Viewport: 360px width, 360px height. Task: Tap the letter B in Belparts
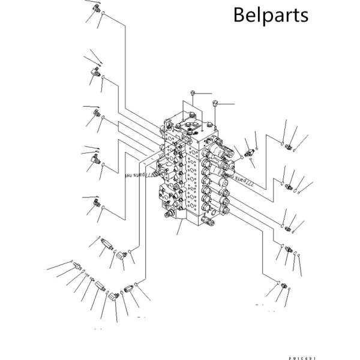(239, 14)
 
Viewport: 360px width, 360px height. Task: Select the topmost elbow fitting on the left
(95, 8)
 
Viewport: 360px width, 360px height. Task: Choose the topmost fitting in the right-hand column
(292, 146)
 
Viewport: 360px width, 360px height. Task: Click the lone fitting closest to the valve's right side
(250, 152)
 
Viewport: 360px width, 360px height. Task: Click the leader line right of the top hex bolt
(203, 93)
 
